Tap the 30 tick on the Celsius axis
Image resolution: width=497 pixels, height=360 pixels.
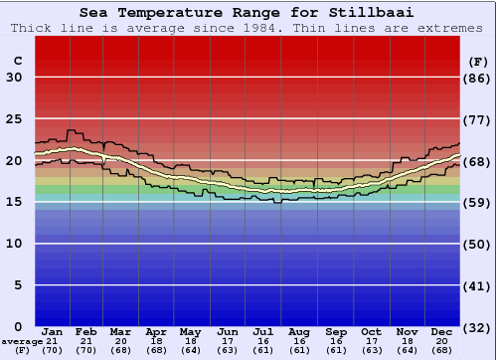coord(15,78)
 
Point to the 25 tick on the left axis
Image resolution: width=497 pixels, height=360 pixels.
coord(15,119)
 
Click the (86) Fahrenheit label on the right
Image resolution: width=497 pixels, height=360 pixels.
coord(478,78)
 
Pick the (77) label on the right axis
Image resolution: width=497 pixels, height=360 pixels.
coord(478,119)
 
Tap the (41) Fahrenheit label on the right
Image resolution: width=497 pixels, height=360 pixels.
coord(478,285)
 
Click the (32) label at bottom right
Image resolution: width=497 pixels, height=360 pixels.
coord(478,327)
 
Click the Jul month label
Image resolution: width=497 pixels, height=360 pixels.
coord(262,330)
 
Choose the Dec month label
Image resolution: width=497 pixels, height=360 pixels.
coord(441,330)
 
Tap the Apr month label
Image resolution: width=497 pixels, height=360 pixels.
coord(156,330)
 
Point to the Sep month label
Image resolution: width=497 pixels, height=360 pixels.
coord(336,330)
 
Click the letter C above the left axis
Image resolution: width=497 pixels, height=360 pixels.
coord(17,61)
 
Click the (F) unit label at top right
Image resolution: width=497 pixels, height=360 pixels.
coord(478,61)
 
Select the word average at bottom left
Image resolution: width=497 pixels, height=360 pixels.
coord(22,341)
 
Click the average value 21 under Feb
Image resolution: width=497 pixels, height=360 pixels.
coord(86,341)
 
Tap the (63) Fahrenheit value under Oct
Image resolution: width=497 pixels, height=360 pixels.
coord(371,350)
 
